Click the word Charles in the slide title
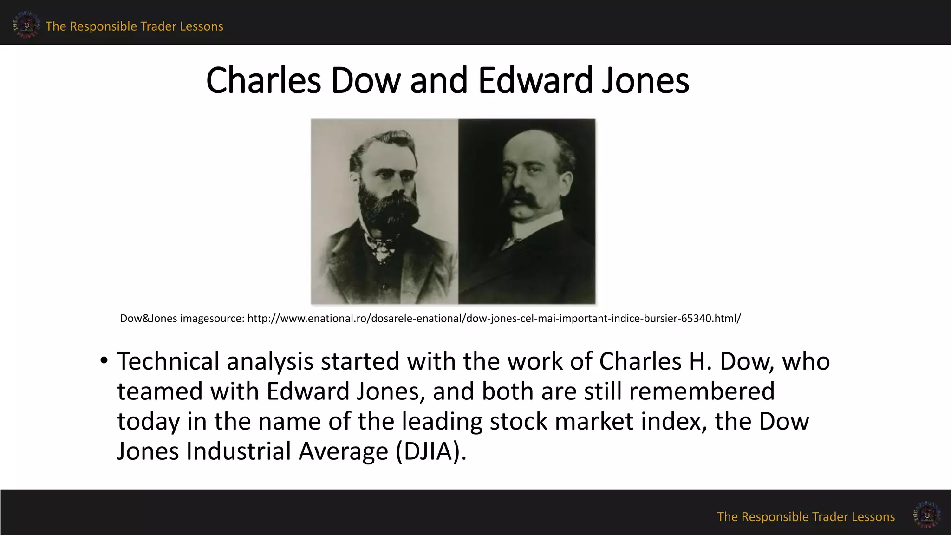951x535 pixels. pyautogui.click(x=263, y=80)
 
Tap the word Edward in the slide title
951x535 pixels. pyautogui.click(x=535, y=80)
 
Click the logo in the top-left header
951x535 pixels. pyautogui.click(x=26, y=25)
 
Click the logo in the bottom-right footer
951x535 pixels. pyautogui.click(x=927, y=515)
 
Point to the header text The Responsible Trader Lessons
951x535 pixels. pyautogui.click(x=134, y=26)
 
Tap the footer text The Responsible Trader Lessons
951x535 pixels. pyautogui.click(x=806, y=517)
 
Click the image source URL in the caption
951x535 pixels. pyautogui.click(x=494, y=319)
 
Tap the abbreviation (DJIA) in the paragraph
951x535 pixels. pyautogui.click(x=430, y=451)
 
